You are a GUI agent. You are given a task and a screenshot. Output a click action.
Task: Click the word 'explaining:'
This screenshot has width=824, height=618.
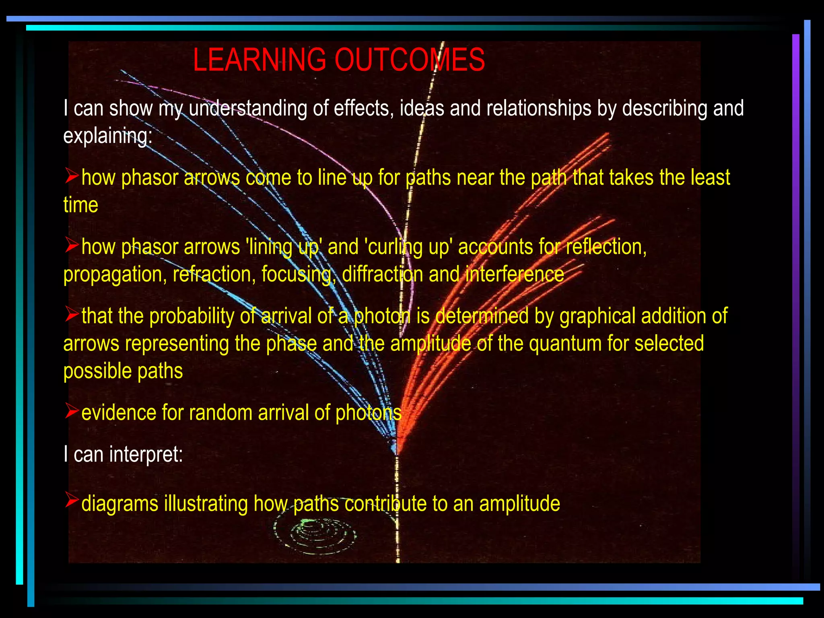coord(108,136)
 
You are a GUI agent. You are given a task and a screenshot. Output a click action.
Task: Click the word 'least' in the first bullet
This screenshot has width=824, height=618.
coord(710,178)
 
